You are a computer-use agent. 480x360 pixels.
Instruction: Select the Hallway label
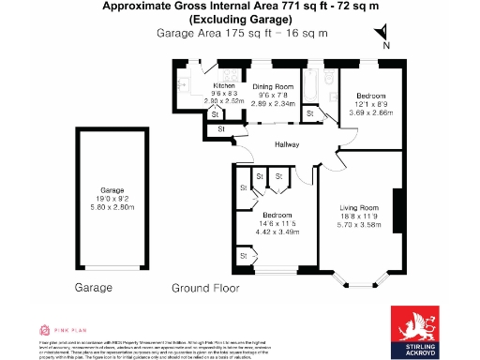click(x=286, y=144)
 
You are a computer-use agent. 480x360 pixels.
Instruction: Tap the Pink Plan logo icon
click(x=43, y=330)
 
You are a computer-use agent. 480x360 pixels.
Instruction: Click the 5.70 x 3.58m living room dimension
click(x=358, y=226)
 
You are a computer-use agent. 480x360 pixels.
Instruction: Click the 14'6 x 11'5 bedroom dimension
click(x=277, y=223)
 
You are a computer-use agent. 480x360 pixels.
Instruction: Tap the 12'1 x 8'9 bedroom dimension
click(x=369, y=104)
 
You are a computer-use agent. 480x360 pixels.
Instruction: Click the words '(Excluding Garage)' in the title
click(x=240, y=20)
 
